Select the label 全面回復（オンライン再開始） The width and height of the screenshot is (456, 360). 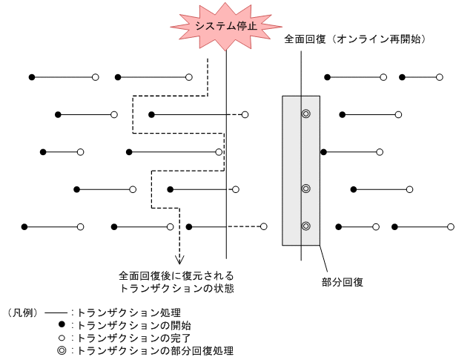pos(354,39)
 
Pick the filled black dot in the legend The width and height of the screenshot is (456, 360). pos(62,325)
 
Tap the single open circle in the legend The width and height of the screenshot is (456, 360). pos(62,338)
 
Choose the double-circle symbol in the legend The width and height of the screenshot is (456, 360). pos(62,350)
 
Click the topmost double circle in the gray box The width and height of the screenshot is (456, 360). pos(305,114)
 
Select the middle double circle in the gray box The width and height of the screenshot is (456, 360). pos(305,189)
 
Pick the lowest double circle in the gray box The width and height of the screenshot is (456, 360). pos(305,226)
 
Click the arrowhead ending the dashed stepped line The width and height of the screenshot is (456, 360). pos(179,259)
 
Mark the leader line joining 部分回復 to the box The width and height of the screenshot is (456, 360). pos(323,260)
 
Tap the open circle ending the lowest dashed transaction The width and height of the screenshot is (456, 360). pos(263,226)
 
